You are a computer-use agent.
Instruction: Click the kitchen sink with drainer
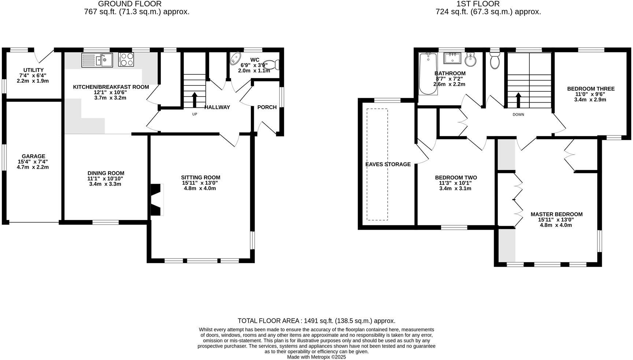[x=97, y=60]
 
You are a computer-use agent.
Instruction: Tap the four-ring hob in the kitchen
[x=126, y=59]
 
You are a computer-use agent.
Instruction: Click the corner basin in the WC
[x=235, y=58]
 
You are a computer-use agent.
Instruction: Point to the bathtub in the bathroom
[x=428, y=74]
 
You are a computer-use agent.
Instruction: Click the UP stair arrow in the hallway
[x=195, y=100]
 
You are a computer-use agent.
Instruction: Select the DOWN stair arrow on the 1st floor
[x=518, y=100]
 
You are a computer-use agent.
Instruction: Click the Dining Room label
[x=106, y=173]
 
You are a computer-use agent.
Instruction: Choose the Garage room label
[x=33, y=156]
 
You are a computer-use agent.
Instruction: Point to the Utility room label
[x=33, y=70]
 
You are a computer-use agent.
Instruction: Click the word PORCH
[x=267, y=107]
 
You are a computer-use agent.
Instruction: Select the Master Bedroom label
[x=556, y=214]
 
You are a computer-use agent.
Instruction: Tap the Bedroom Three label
[x=591, y=89]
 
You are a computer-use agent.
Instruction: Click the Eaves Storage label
[x=388, y=164]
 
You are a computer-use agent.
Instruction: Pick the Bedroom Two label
[x=456, y=177]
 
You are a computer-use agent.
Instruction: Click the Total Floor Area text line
[x=316, y=321]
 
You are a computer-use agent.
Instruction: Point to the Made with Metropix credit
[x=316, y=357]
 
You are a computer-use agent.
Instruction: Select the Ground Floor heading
[x=130, y=4]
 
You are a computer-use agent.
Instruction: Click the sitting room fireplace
[x=157, y=199]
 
